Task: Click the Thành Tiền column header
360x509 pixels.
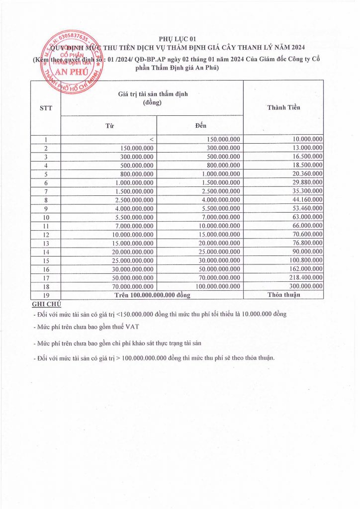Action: (x=283, y=107)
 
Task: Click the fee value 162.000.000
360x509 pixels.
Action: (x=304, y=269)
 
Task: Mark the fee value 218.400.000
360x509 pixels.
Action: (x=304, y=277)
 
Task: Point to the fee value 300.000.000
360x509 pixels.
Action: (x=304, y=286)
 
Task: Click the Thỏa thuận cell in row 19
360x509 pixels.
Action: (x=283, y=295)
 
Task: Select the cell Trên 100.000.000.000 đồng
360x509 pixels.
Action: (x=152, y=295)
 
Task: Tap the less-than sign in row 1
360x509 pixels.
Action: (x=152, y=140)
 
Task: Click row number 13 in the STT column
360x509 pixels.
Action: (x=45, y=243)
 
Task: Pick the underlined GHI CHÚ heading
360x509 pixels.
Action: (x=46, y=304)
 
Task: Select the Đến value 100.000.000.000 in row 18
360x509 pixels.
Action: (x=214, y=286)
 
